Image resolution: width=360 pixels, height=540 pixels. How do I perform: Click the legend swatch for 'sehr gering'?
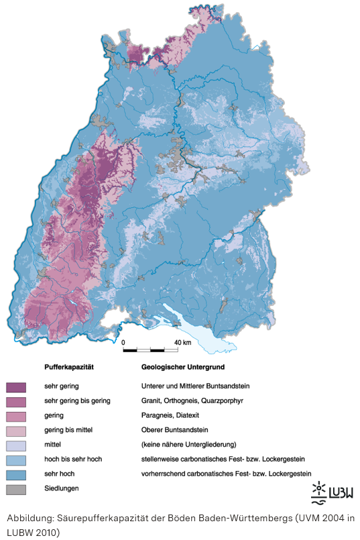click(x=15, y=387)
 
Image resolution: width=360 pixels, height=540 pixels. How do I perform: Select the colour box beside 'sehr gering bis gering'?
click(x=15, y=401)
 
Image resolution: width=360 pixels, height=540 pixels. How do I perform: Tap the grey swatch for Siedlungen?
click(x=15, y=489)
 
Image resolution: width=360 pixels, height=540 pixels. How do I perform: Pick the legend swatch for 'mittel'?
click(x=15, y=445)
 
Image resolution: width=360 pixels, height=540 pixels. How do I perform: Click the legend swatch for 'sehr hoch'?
click(x=15, y=474)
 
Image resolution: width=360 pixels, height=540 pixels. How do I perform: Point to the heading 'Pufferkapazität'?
click(x=68, y=368)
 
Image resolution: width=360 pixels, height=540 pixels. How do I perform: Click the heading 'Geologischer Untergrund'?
click(x=183, y=368)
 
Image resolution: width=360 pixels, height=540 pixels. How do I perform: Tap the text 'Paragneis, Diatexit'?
click(x=171, y=415)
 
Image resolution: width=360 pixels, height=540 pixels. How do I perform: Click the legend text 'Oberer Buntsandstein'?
click(x=174, y=430)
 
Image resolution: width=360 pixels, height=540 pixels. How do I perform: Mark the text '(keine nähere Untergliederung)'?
click(x=188, y=445)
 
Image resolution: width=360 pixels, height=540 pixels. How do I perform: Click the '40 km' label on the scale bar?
click(x=182, y=342)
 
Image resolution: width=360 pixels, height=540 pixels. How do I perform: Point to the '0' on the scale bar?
click(x=123, y=342)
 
